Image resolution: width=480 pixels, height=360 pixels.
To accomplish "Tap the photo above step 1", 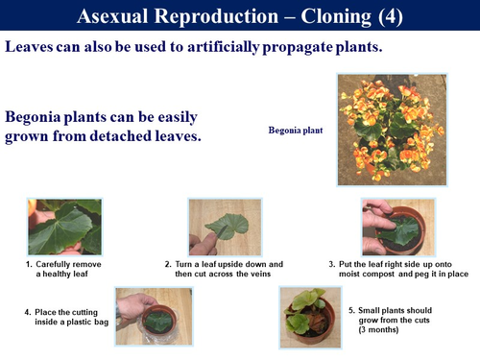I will (64, 227).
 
